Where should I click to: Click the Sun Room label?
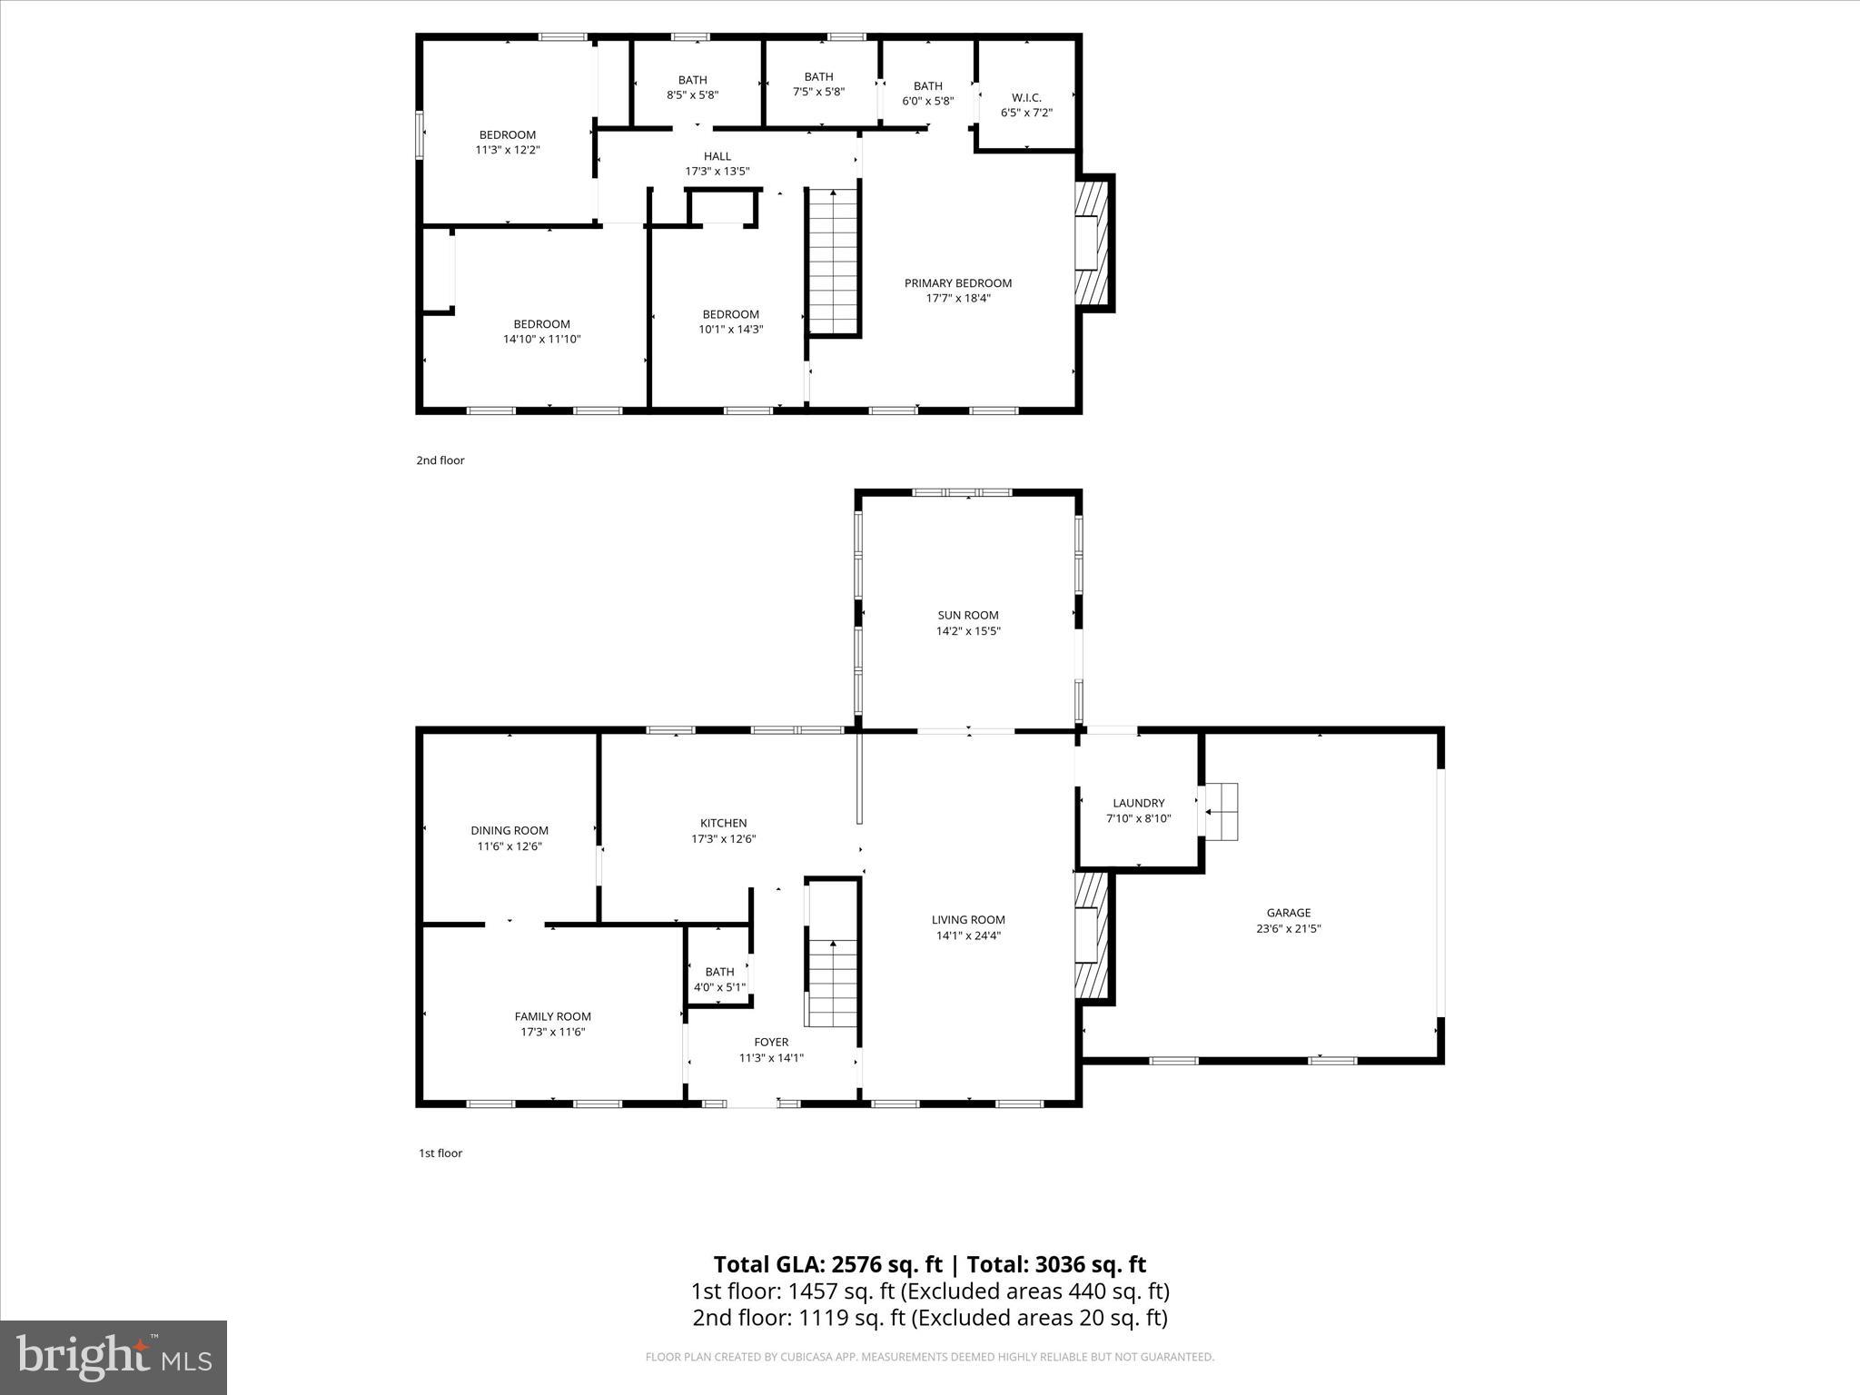[x=968, y=615]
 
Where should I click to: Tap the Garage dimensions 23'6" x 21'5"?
[x=1288, y=929]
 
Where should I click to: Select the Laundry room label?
[x=1138, y=803]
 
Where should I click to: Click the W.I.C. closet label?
[x=1026, y=97]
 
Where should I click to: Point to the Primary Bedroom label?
[x=957, y=283]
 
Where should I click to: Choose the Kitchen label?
[x=723, y=824]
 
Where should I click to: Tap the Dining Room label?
[x=510, y=830]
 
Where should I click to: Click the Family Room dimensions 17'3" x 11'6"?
[x=552, y=1032]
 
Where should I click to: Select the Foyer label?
[x=771, y=1042]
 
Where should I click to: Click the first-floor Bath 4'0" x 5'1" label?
[x=719, y=979]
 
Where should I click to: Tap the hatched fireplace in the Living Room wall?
[x=1093, y=935]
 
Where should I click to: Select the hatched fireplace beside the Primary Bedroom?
[x=1093, y=242]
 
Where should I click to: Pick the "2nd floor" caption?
[x=440, y=460]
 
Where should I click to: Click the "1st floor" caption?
[x=440, y=1153]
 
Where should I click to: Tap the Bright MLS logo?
[x=114, y=1358]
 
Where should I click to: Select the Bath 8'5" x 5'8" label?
[x=692, y=87]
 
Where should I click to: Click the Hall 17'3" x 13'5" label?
[x=717, y=163]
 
